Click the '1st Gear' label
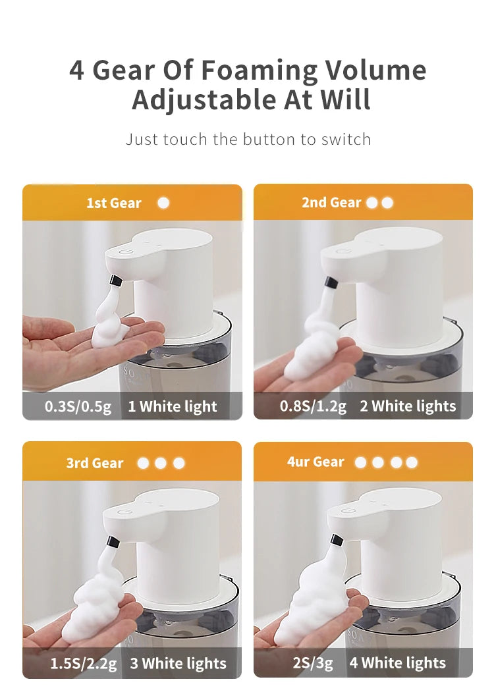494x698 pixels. [113, 203]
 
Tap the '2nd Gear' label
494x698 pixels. [331, 202]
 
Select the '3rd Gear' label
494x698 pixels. [94, 463]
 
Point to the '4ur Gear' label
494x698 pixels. [315, 462]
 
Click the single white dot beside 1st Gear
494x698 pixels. [163, 203]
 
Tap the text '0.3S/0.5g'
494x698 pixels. [78, 406]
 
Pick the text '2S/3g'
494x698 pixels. [314, 662]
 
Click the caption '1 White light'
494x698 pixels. [172, 406]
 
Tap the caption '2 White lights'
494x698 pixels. [407, 406]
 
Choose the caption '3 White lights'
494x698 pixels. [178, 663]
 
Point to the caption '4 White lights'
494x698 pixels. [397, 662]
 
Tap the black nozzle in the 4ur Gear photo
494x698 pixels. [337, 541]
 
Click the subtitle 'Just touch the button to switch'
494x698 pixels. [248, 140]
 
